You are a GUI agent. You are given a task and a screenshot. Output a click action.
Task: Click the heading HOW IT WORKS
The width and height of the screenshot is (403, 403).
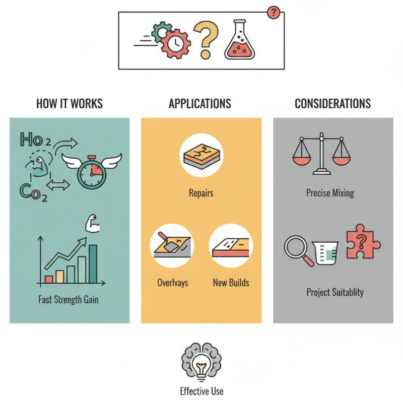[x=70, y=104]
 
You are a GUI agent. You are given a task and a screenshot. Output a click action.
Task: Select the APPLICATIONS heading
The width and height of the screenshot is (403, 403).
[x=200, y=104]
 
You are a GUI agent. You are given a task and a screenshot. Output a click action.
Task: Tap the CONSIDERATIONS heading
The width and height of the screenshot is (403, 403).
[x=332, y=104]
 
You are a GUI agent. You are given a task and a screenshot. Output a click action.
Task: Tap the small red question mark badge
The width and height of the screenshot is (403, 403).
[x=273, y=13]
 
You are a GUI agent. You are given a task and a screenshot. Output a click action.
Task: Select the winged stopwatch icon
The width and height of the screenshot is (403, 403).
[x=92, y=168]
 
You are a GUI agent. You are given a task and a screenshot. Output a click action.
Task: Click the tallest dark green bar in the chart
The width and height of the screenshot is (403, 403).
[x=93, y=264]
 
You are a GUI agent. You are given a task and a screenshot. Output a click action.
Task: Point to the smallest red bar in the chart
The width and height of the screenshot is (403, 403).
[x=49, y=279]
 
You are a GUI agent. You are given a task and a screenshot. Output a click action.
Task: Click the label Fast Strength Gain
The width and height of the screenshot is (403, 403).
[x=69, y=300]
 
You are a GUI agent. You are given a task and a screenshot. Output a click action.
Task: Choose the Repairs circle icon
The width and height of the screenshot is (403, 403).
[x=201, y=155]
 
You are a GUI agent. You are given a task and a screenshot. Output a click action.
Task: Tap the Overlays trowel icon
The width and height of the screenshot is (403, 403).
[x=172, y=246]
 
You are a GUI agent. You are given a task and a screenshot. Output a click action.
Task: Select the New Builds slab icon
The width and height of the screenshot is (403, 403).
[x=231, y=246]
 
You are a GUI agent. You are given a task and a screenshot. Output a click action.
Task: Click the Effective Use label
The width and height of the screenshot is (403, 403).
[x=201, y=391]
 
